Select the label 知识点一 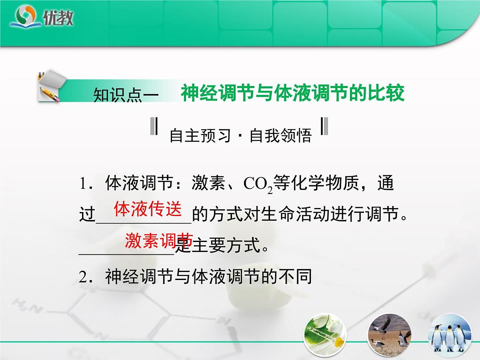[x=126, y=96]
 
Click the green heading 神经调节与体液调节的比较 [x=292, y=93]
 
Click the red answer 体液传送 [x=148, y=209]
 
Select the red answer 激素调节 [x=159, y=241]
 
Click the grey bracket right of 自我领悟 [x=325, y=126]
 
